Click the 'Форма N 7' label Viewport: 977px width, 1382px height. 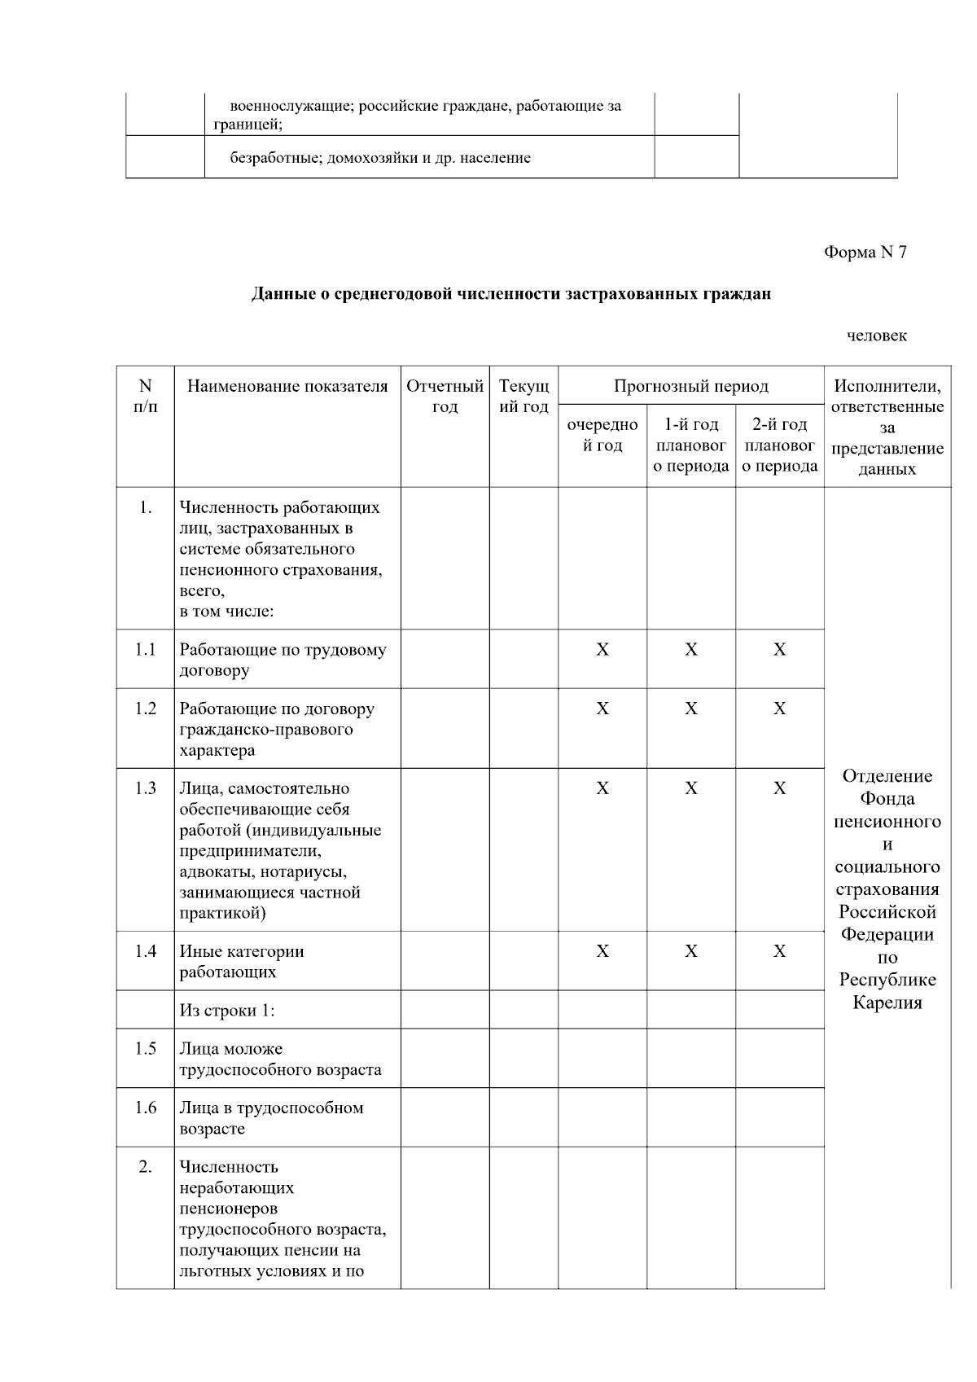(865, 252)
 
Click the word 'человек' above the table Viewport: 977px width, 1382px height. (876, 336)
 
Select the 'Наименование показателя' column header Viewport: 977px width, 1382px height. (287, 386)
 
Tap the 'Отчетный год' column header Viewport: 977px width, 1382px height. (445, 396)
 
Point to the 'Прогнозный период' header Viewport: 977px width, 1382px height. (690, 386)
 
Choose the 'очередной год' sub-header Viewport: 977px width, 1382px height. (602, 435)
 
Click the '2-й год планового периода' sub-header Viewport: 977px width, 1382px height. (779, 445)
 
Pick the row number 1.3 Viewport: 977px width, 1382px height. (146, 788)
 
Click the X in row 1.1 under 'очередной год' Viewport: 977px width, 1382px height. (602, 649)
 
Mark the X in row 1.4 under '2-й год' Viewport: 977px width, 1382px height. (779, 951)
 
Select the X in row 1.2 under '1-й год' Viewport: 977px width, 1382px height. (690, 709)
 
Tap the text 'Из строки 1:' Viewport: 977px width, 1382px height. (227, 1011)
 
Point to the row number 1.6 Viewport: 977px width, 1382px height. (146, 1108)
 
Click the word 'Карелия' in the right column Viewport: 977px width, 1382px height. (887, 1002)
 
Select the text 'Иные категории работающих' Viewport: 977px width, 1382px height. (242, 961)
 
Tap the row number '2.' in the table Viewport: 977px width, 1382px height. (146, 1167)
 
